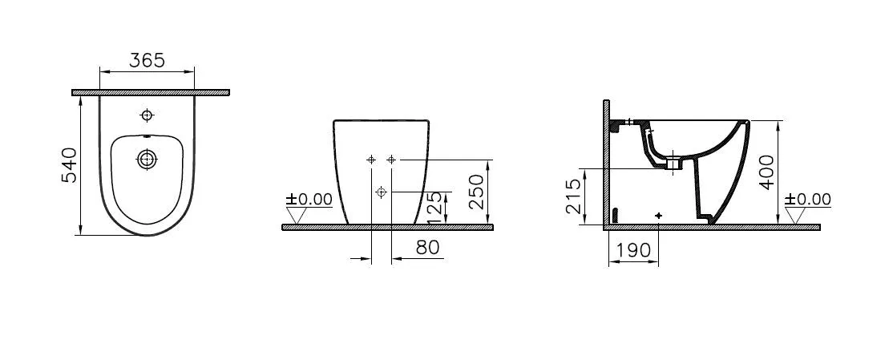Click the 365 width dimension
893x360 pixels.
coord(147,60)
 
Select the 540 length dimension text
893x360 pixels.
coord(70,164)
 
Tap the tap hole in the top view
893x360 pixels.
coord(147,114)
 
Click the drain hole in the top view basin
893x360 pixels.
coord(147,159)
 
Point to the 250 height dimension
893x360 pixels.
coord(475,192)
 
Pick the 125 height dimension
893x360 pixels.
coord(434,208)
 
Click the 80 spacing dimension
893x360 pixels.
coord(428,248)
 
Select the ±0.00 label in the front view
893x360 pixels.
coord(310,199)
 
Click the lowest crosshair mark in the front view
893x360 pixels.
coord(382,192)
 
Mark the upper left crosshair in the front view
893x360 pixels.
coord(371,160)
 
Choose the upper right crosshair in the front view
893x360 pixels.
coord(391,160)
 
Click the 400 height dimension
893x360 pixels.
coord(768,172)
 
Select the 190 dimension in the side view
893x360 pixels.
coord(633,251)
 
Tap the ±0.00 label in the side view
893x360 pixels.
coord(808,199)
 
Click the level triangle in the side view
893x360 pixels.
coord(796,216)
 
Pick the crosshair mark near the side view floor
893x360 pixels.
coord(659,216)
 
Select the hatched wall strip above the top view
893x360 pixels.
coord(151,93)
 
